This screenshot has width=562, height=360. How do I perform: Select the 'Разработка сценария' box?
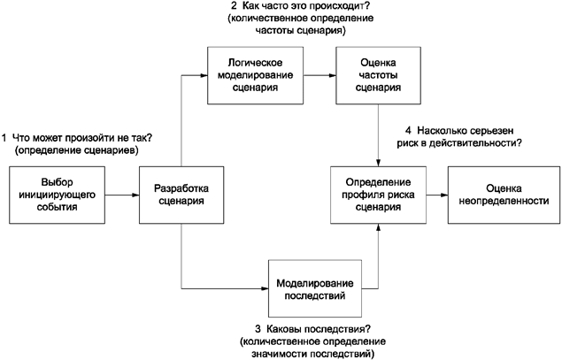coord(181,195)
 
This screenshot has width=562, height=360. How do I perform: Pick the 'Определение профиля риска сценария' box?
coord(379,195)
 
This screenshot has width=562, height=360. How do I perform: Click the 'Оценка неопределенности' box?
coord(504,195)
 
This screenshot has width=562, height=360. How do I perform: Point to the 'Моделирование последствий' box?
coord(316,288)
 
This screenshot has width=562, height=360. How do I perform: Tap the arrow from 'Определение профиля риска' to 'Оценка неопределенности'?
coord(439,195)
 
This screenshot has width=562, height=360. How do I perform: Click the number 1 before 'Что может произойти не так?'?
coord(5,137)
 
